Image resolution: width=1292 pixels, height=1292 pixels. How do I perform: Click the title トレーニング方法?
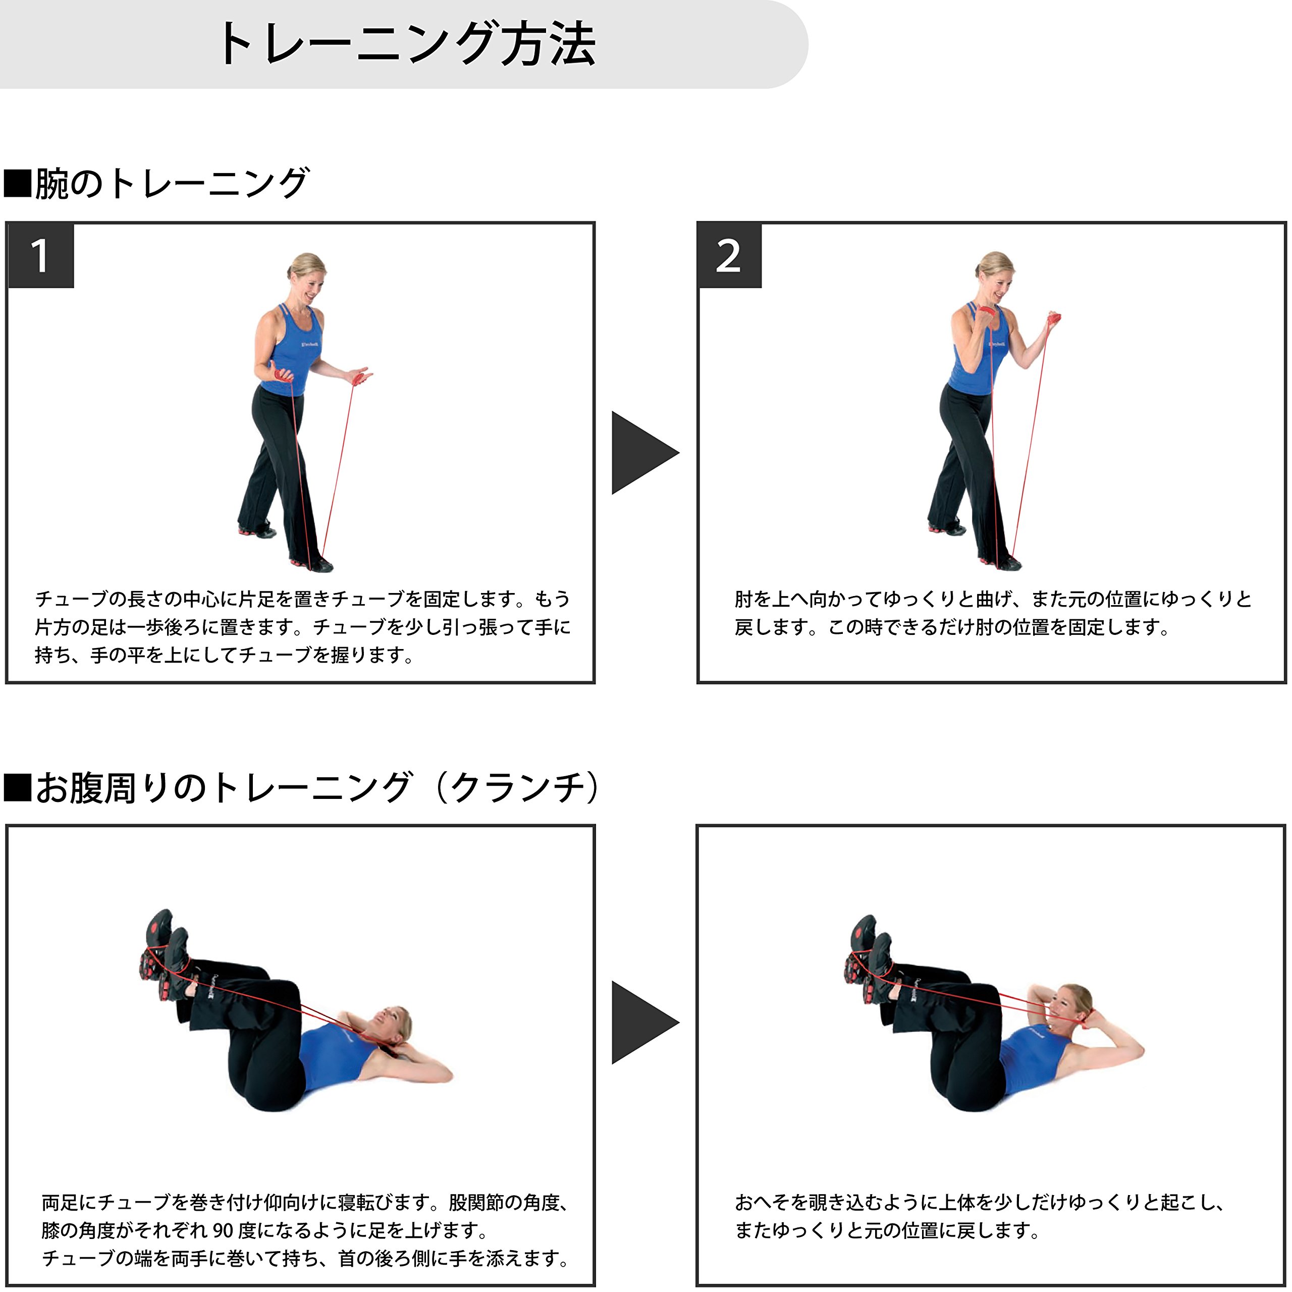[x=407, y=44]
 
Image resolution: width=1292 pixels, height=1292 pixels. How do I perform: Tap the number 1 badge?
[x=40, y=256]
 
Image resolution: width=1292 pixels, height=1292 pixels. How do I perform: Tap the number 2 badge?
[x=730, y=256]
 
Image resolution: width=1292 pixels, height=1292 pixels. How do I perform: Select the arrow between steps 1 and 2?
[x=644, y=453]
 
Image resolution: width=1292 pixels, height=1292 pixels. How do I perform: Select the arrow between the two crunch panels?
[x=644, y=1022]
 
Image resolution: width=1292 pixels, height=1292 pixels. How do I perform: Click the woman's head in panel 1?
[x=306, y=276]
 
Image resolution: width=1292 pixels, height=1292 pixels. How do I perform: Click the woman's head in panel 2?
[x=995, y=276]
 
